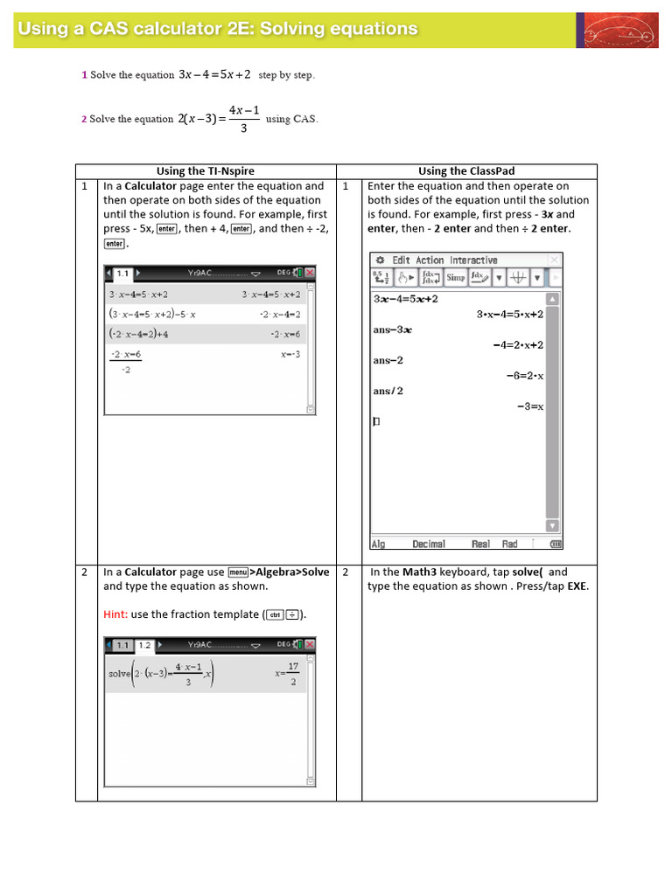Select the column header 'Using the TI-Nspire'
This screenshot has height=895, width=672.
coord(205,171)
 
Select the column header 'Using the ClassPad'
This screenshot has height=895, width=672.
coord(467,171)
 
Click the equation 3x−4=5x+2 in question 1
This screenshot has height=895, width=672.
coord(214,75)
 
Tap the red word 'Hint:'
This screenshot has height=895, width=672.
coord(116,614)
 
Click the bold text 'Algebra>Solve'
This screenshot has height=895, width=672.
coord(291,572)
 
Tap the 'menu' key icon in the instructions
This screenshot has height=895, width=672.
coord(238,572)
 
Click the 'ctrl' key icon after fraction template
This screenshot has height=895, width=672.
coord(275,615)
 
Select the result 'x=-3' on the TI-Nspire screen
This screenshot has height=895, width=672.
coord(290,355)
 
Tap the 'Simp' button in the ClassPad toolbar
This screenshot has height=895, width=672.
coord(455,278)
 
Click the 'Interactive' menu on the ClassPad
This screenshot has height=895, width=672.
coord(473,260)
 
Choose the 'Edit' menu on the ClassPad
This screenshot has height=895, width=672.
coord(401,260)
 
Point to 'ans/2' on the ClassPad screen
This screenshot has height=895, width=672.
coord(388,391)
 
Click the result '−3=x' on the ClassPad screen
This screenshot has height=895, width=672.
coord(530,406)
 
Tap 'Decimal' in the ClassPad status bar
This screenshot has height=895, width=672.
coord(429,544)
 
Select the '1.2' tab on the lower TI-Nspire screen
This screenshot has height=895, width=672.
coord(144,645)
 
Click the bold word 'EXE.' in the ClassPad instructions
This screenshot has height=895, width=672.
coord(576,586)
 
